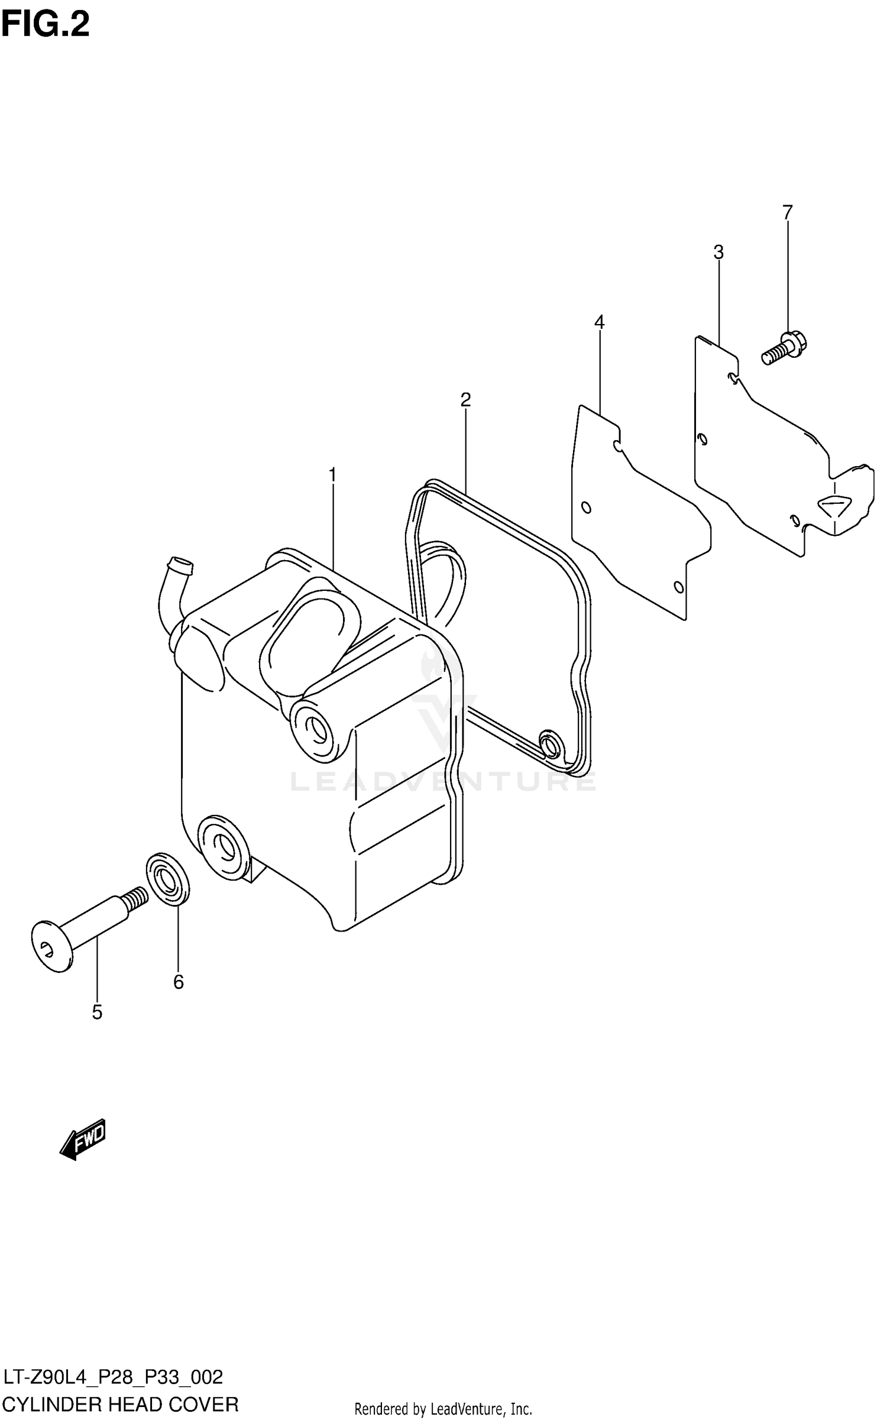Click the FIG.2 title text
pos(46,25)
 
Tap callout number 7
pos(787,212)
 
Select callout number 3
pos(718,253)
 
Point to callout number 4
pos(600,322)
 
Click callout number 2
pos(465,400)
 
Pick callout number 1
pos(332,475)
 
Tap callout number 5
pos(97,1012)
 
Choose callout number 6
pos(179,982)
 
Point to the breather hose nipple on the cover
pos(180,566)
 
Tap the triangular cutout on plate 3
pos(834,505)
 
